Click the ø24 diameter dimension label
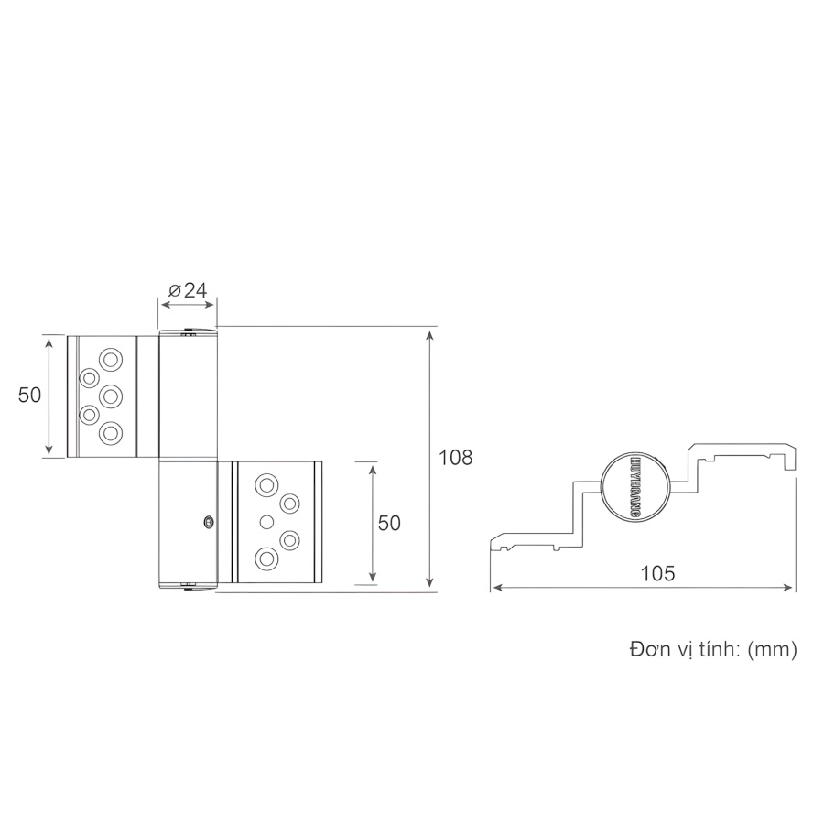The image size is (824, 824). pos(188,291)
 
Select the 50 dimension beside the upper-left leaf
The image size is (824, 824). pos(30,395)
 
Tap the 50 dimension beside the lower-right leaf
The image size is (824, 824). pos(389,523)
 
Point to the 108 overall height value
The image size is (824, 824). pos(455,458)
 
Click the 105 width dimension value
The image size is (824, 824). pos(656,574)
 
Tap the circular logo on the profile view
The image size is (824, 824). pos(634,486)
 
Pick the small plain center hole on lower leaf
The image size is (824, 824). pos(266,521)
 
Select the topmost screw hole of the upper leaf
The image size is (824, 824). pos(112,358)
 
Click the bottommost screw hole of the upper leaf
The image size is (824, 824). pos(112,433)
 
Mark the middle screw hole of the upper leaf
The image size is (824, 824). pos(111,396)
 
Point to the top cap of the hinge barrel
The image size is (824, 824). pos(188,331)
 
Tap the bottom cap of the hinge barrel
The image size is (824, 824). pos(188,586)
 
